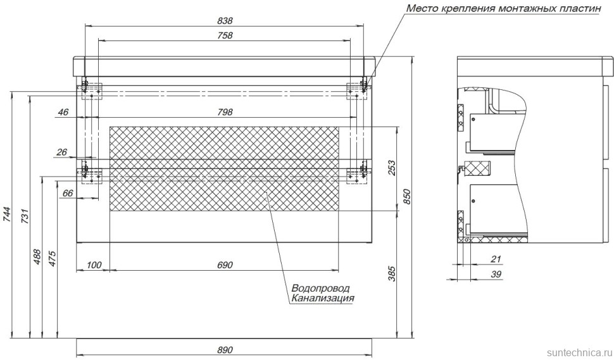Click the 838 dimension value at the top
tap(225, 20)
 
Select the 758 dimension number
tap(225, 35)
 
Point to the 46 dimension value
tap(63, 112)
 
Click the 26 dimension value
tap(63, 152)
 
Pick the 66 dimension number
tap(68, 193)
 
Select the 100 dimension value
tap(94, 264)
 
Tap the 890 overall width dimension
tap(225, 350)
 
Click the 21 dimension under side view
tap(496, 258)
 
